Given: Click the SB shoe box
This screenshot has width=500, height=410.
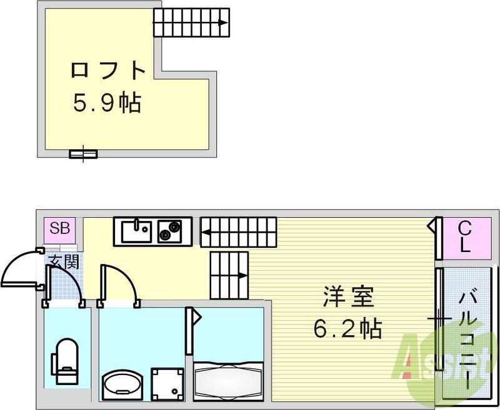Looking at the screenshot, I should click(61, 228).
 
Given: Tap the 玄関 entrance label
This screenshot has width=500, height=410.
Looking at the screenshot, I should click(64, 262).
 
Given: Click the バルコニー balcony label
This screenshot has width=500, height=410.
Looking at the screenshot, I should click(470, 334).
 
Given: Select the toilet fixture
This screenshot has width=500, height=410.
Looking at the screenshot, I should click(65, 361).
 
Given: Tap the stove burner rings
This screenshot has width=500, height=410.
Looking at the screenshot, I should click(168, 232).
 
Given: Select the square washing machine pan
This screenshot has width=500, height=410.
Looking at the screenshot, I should click(169, 381).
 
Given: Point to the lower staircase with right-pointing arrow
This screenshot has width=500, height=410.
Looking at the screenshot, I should click(229, 274).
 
